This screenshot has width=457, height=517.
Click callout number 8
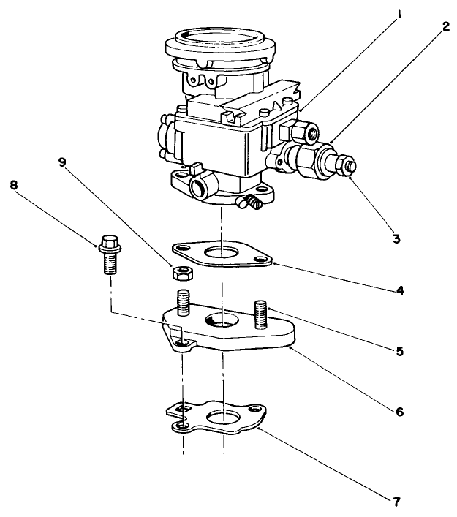[x=14, y=185]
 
